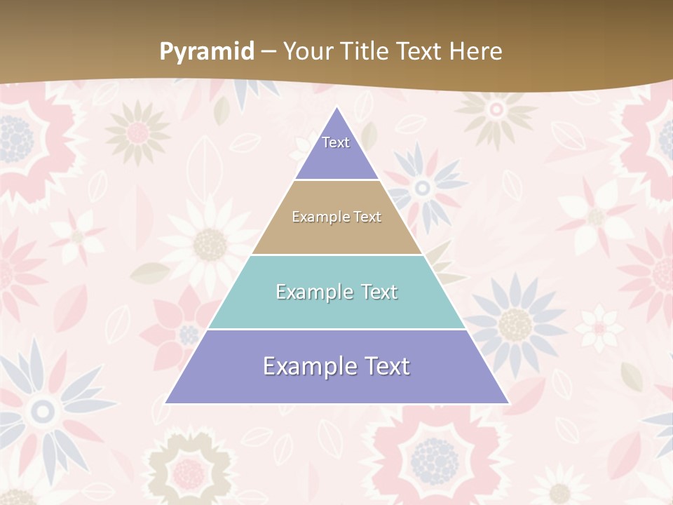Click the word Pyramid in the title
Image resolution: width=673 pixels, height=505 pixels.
tap(206, 52)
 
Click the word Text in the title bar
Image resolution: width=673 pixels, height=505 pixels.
tap(420, 51)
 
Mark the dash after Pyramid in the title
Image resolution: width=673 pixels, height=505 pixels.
tap(268, 52)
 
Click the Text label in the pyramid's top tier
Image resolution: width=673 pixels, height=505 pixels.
tap(336, 142)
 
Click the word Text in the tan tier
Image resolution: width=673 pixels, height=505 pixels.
tap(368, 217)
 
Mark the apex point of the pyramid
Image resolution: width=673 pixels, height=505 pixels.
tap(337, 107)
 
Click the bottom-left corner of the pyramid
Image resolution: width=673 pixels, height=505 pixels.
tap(165, 403)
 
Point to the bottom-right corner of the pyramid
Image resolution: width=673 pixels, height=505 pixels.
tap(508, 403)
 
